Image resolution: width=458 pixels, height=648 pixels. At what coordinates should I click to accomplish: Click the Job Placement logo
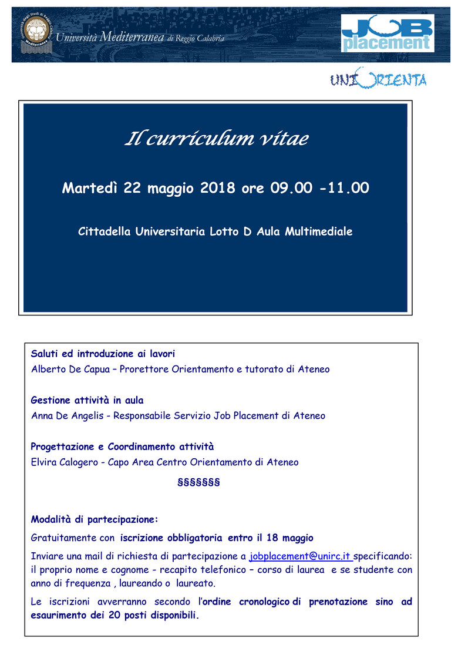[388, 33]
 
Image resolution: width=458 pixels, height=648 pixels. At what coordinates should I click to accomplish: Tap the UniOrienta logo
[378, 79]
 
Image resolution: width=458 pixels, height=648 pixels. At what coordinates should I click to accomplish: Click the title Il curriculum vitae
[216, 139]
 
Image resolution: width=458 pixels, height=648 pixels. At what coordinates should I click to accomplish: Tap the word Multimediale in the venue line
[318, 231]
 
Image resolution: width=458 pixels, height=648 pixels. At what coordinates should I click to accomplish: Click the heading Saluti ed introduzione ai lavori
[103, 354]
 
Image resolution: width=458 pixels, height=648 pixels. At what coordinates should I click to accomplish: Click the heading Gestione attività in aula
[87, 400]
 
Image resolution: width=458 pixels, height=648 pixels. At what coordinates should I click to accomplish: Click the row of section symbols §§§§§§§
[198, 483]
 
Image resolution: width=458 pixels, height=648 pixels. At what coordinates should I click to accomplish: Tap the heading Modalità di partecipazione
[95, 519]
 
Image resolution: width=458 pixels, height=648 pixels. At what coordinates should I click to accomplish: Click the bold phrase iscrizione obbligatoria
[171, 538]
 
